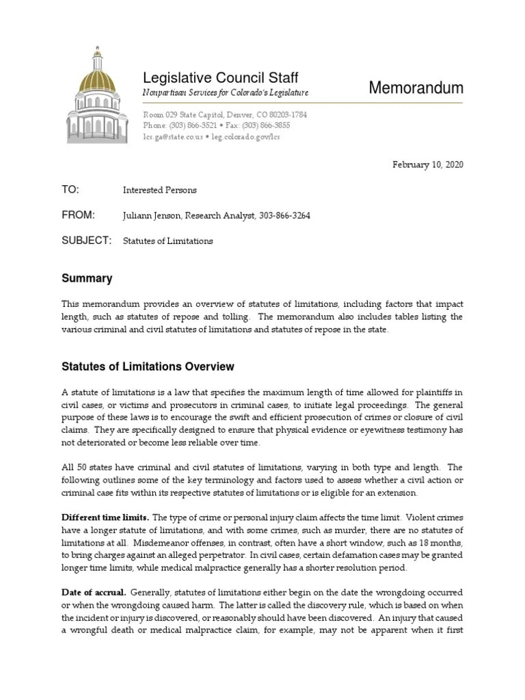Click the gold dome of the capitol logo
[100, 72]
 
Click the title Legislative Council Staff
[220, 77]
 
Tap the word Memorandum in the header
[416, 87]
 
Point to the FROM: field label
[78, 215]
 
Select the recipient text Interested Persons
[161, 190]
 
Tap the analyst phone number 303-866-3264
[288, 216]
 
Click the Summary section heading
[87, 279]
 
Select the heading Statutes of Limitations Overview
[148, 366]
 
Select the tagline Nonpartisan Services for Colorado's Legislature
[225, 93]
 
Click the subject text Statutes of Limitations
[167, 241]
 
